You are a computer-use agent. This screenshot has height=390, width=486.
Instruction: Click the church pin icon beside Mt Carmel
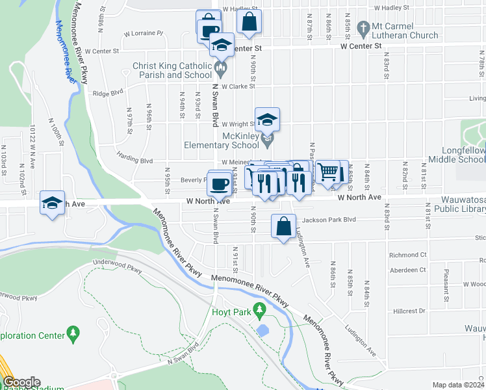pos(365,27)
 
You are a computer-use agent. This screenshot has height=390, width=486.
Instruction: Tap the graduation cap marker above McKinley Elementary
pos(267,120)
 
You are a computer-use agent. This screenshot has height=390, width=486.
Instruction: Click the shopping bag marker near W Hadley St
pos(249,21)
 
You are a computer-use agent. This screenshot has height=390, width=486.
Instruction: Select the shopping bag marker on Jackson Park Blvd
pos(283,226)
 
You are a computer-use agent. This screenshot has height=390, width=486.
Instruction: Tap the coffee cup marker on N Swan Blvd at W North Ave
pos(219,182)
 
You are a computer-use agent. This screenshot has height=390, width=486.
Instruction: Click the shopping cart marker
pos(329,172)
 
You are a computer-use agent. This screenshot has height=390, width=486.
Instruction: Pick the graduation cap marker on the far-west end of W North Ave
pos(52,202)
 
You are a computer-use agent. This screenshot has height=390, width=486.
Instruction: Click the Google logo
pos(21,382)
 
